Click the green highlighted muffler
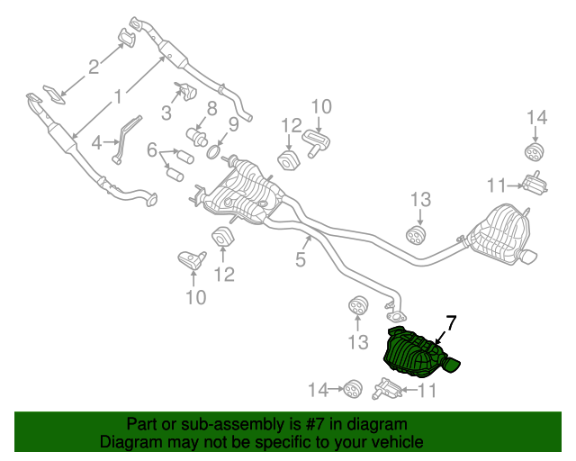[414, 353]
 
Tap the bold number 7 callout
[451, 322]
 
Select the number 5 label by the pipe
[301, 260]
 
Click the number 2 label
[93, 65]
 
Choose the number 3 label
[166, 113]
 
